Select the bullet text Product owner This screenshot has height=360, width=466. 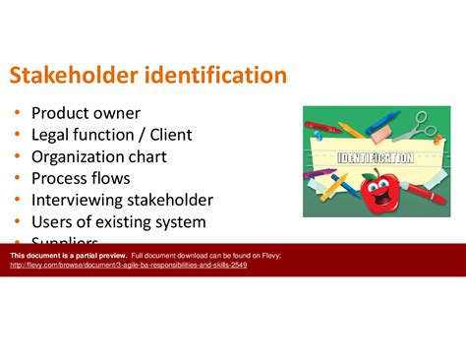tap(86, 113)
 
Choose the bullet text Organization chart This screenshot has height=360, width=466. tap(98, 156)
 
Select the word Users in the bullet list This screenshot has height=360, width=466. tap(53, 221)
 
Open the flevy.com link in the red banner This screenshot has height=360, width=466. tap(128, 266)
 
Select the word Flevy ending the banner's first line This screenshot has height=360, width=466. tap(271, 256)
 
